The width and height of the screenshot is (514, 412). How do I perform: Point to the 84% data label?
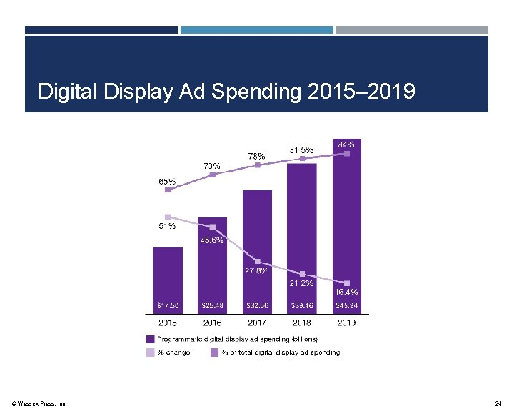[346, 144]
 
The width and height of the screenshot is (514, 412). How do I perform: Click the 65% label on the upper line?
[167, 182]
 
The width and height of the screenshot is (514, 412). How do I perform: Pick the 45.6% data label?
[211, 240]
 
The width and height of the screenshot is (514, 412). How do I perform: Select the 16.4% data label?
[346, 292]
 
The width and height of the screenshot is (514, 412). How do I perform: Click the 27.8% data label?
[256, 271]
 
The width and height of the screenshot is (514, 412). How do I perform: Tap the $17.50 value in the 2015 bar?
[168, 305]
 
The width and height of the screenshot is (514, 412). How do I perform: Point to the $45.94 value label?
[347, 305]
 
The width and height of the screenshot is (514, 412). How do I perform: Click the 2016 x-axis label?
[212, 323]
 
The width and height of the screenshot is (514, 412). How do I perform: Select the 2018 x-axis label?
[302, 323]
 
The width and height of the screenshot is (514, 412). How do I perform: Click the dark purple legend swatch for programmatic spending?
[151, 339]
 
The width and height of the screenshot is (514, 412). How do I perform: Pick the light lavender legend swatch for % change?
[151, 352]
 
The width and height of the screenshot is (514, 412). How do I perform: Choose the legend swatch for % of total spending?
[214, 352]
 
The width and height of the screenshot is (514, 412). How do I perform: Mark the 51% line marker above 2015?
[167, 217]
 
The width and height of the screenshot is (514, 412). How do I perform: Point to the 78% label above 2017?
[256, 156]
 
